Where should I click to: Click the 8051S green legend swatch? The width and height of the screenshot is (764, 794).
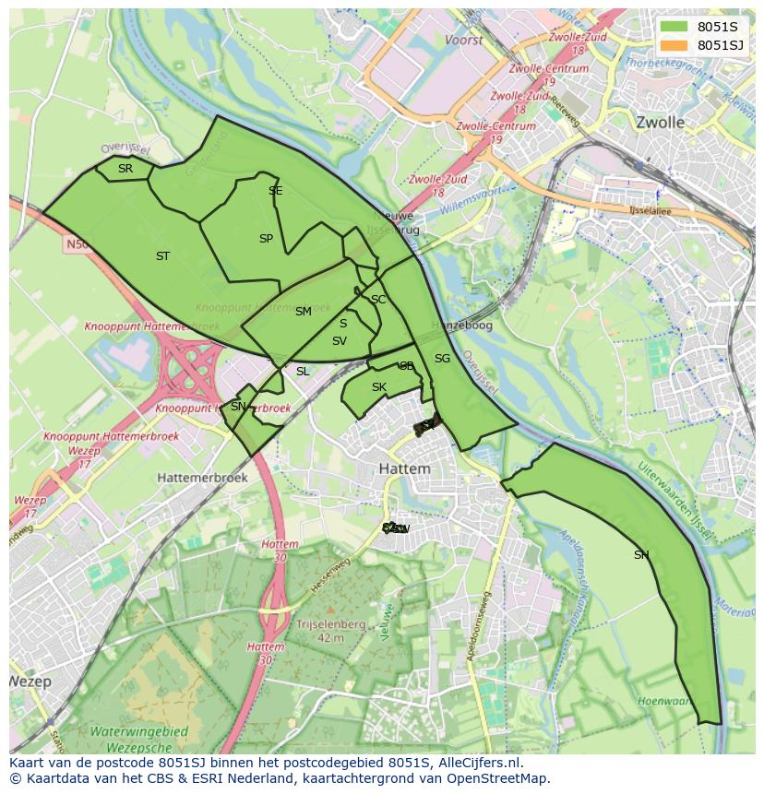(x=674, y=28)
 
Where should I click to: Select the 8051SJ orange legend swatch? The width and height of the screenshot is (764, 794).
(x=674, y=45)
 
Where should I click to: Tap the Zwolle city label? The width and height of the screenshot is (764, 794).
(x=660, y=122)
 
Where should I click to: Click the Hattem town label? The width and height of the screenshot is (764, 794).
(x=404, y=468)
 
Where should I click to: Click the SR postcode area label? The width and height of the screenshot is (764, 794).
(x=125, y=168)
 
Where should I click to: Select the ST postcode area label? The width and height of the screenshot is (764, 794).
(x=162, y=256)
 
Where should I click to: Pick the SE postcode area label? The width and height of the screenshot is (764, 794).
(x=275, y=191)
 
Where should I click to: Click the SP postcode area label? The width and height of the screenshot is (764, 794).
(x=266, y=239)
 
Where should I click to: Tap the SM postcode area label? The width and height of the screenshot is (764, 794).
(x=303, y=312)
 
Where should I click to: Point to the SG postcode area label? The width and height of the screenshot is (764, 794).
(x=442, y=359)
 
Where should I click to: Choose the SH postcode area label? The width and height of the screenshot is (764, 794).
(x=641, y=555)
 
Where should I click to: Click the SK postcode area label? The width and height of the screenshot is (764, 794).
(x=378, y=387)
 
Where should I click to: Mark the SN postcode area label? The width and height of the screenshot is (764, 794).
(x=238, y=407)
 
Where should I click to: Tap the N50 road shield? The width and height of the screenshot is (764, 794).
(x=76, y=245)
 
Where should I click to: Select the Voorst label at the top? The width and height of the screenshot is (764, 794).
(x=463, y=41)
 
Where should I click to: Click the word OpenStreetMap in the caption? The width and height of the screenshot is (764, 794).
(x=499, y=778)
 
